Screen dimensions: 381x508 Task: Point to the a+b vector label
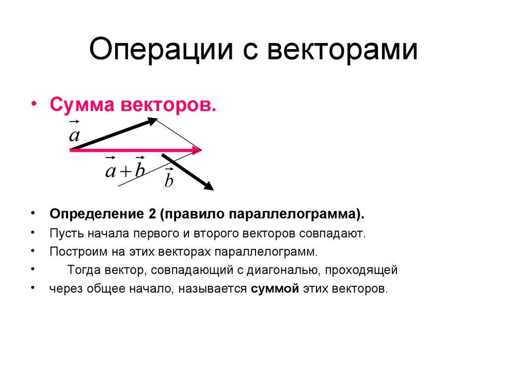(x=125, y=170)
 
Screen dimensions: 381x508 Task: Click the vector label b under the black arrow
(x=169, y=180)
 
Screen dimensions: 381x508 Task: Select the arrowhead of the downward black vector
(x=209, y=187)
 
